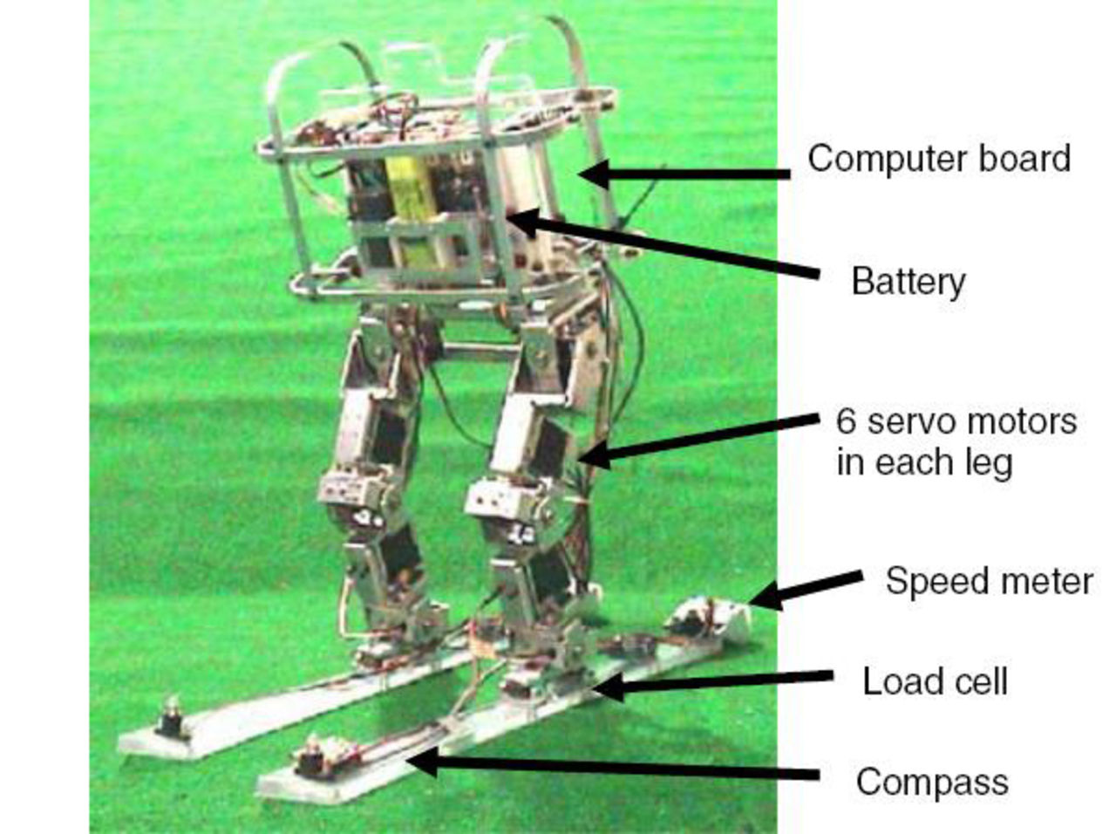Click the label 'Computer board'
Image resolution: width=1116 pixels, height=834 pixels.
coord(938,159)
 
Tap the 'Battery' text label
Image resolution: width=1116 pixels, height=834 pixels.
coord(908,282)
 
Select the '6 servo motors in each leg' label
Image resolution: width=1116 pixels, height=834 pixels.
coord(956,441)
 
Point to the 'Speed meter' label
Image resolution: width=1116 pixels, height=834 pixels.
coord(988,581)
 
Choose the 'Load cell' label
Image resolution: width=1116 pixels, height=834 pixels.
coord(935,681)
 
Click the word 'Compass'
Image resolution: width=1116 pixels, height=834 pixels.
coord(931,781)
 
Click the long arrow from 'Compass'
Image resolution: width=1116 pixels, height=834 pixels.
coord(610,768)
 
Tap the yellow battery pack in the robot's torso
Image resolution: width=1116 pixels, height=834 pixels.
coord(408,209)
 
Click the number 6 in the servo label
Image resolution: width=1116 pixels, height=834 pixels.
coord(846,422)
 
